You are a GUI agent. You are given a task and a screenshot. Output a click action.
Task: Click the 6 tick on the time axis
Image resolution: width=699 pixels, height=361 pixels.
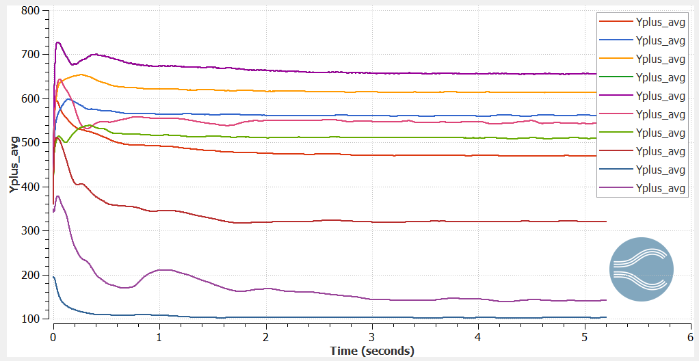[690, 337]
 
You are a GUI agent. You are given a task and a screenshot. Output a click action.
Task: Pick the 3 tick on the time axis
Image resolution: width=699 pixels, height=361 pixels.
[371, 337]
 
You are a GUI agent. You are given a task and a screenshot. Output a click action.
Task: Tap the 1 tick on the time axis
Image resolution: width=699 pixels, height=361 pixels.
[159, 337]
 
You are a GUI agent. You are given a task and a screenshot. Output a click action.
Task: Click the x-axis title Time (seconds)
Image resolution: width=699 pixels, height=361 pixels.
[372, 351]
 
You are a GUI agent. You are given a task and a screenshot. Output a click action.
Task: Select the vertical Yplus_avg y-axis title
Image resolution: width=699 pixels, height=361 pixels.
[14, 164]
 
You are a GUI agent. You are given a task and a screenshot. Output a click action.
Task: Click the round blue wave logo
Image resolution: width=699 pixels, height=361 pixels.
[641, 269]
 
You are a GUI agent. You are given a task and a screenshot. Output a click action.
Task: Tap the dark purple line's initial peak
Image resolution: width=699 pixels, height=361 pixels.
[58, 42]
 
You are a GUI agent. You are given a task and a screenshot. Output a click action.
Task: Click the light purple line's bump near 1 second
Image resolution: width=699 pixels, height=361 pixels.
[162, 270]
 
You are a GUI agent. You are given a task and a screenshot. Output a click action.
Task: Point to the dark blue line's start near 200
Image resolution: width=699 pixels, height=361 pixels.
[54, 277]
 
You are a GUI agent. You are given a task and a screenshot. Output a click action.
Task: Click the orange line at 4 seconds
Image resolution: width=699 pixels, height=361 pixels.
[478, 92]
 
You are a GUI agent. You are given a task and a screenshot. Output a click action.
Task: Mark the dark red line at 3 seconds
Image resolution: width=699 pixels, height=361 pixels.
[371, 222]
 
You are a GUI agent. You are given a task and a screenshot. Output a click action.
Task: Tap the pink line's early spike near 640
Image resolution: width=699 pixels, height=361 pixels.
[60, 80]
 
